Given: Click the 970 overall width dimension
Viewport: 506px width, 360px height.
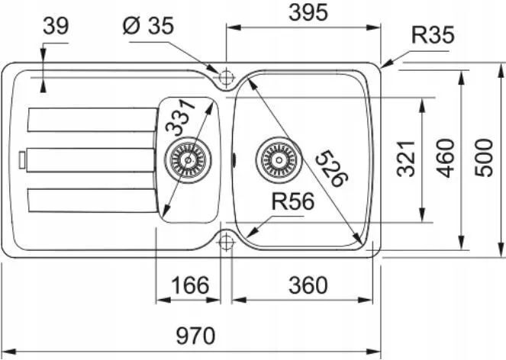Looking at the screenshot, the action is point(195,336).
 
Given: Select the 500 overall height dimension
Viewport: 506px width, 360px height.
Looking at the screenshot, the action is point(484,158).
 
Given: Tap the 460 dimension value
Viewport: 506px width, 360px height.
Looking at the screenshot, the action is point(445,158).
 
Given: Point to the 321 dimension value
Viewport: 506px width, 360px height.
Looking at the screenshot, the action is point(406,159).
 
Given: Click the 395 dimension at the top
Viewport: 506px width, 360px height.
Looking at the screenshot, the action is point(308,13).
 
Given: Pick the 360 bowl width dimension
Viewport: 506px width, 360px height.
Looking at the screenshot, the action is point(308,285).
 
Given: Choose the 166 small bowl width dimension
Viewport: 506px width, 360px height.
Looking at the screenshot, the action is point(190,285).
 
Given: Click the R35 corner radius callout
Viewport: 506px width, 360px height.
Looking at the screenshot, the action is point(433,35).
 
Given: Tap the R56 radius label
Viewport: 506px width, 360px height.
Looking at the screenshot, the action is point(293,201).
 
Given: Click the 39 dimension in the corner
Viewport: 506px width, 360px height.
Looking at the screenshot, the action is point(56,26).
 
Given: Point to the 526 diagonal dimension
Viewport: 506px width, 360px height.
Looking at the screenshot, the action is point(332,169).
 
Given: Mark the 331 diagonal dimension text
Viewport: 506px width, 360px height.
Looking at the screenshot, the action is point(180,117).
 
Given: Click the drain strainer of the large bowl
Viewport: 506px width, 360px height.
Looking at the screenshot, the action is point(279,159).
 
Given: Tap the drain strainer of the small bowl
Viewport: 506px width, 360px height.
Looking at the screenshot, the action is point(188,159).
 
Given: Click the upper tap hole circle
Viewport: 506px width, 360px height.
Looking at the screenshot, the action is point(226,77).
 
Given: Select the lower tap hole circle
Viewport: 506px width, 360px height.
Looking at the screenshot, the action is point(226,241).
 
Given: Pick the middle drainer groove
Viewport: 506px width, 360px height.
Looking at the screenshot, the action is point(90,160).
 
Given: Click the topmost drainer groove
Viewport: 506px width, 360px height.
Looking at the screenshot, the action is point(92,120).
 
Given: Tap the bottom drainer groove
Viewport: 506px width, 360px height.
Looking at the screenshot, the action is point(92,201).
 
